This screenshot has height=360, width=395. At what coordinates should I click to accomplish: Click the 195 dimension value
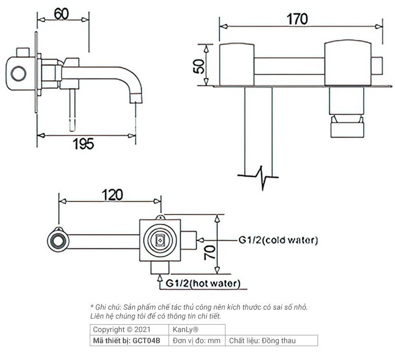click(84, 143)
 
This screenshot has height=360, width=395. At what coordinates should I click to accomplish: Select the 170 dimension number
click(297, 19)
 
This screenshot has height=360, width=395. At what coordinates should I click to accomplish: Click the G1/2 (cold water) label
click(278, 240)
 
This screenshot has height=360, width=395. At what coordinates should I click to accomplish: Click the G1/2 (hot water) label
click(203, 284)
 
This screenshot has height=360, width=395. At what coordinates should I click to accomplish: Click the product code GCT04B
click(147, 341)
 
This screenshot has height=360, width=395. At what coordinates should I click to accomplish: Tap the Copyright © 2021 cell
click(122, 329)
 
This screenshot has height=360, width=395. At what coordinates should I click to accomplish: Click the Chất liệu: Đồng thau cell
click(262, 341)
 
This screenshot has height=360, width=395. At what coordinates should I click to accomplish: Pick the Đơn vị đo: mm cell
click(196, 341)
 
